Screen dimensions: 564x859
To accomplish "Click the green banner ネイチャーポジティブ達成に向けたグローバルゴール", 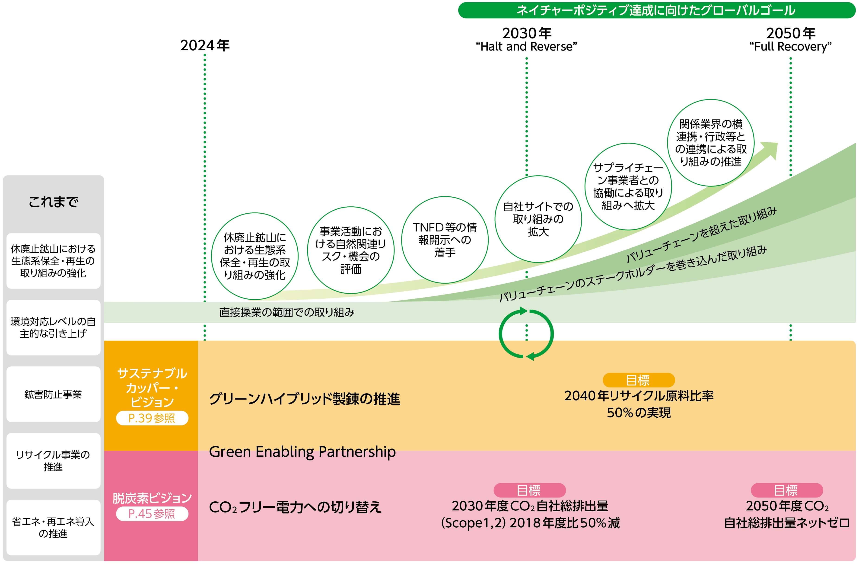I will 656,10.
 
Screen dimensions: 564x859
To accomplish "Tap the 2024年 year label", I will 205,45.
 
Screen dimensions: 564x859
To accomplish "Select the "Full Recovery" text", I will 790,47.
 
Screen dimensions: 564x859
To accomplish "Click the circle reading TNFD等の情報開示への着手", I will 445,240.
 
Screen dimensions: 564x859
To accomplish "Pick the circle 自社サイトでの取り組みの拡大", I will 538,219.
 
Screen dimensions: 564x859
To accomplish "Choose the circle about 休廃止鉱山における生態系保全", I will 255,256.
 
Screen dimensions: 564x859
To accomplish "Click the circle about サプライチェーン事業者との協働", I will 628,186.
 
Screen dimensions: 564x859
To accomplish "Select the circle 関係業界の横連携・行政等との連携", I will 710,143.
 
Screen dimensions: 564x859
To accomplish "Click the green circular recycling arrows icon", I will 526,334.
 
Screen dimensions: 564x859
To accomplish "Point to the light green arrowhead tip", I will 772,148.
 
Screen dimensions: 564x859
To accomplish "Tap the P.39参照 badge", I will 152,418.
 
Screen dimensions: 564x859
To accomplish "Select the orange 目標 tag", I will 638,380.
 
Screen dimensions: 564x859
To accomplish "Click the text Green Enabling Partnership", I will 302,452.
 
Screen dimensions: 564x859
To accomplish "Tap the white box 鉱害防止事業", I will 53,394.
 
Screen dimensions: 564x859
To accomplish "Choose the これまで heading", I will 53,202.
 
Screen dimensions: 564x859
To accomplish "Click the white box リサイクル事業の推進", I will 53,461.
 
